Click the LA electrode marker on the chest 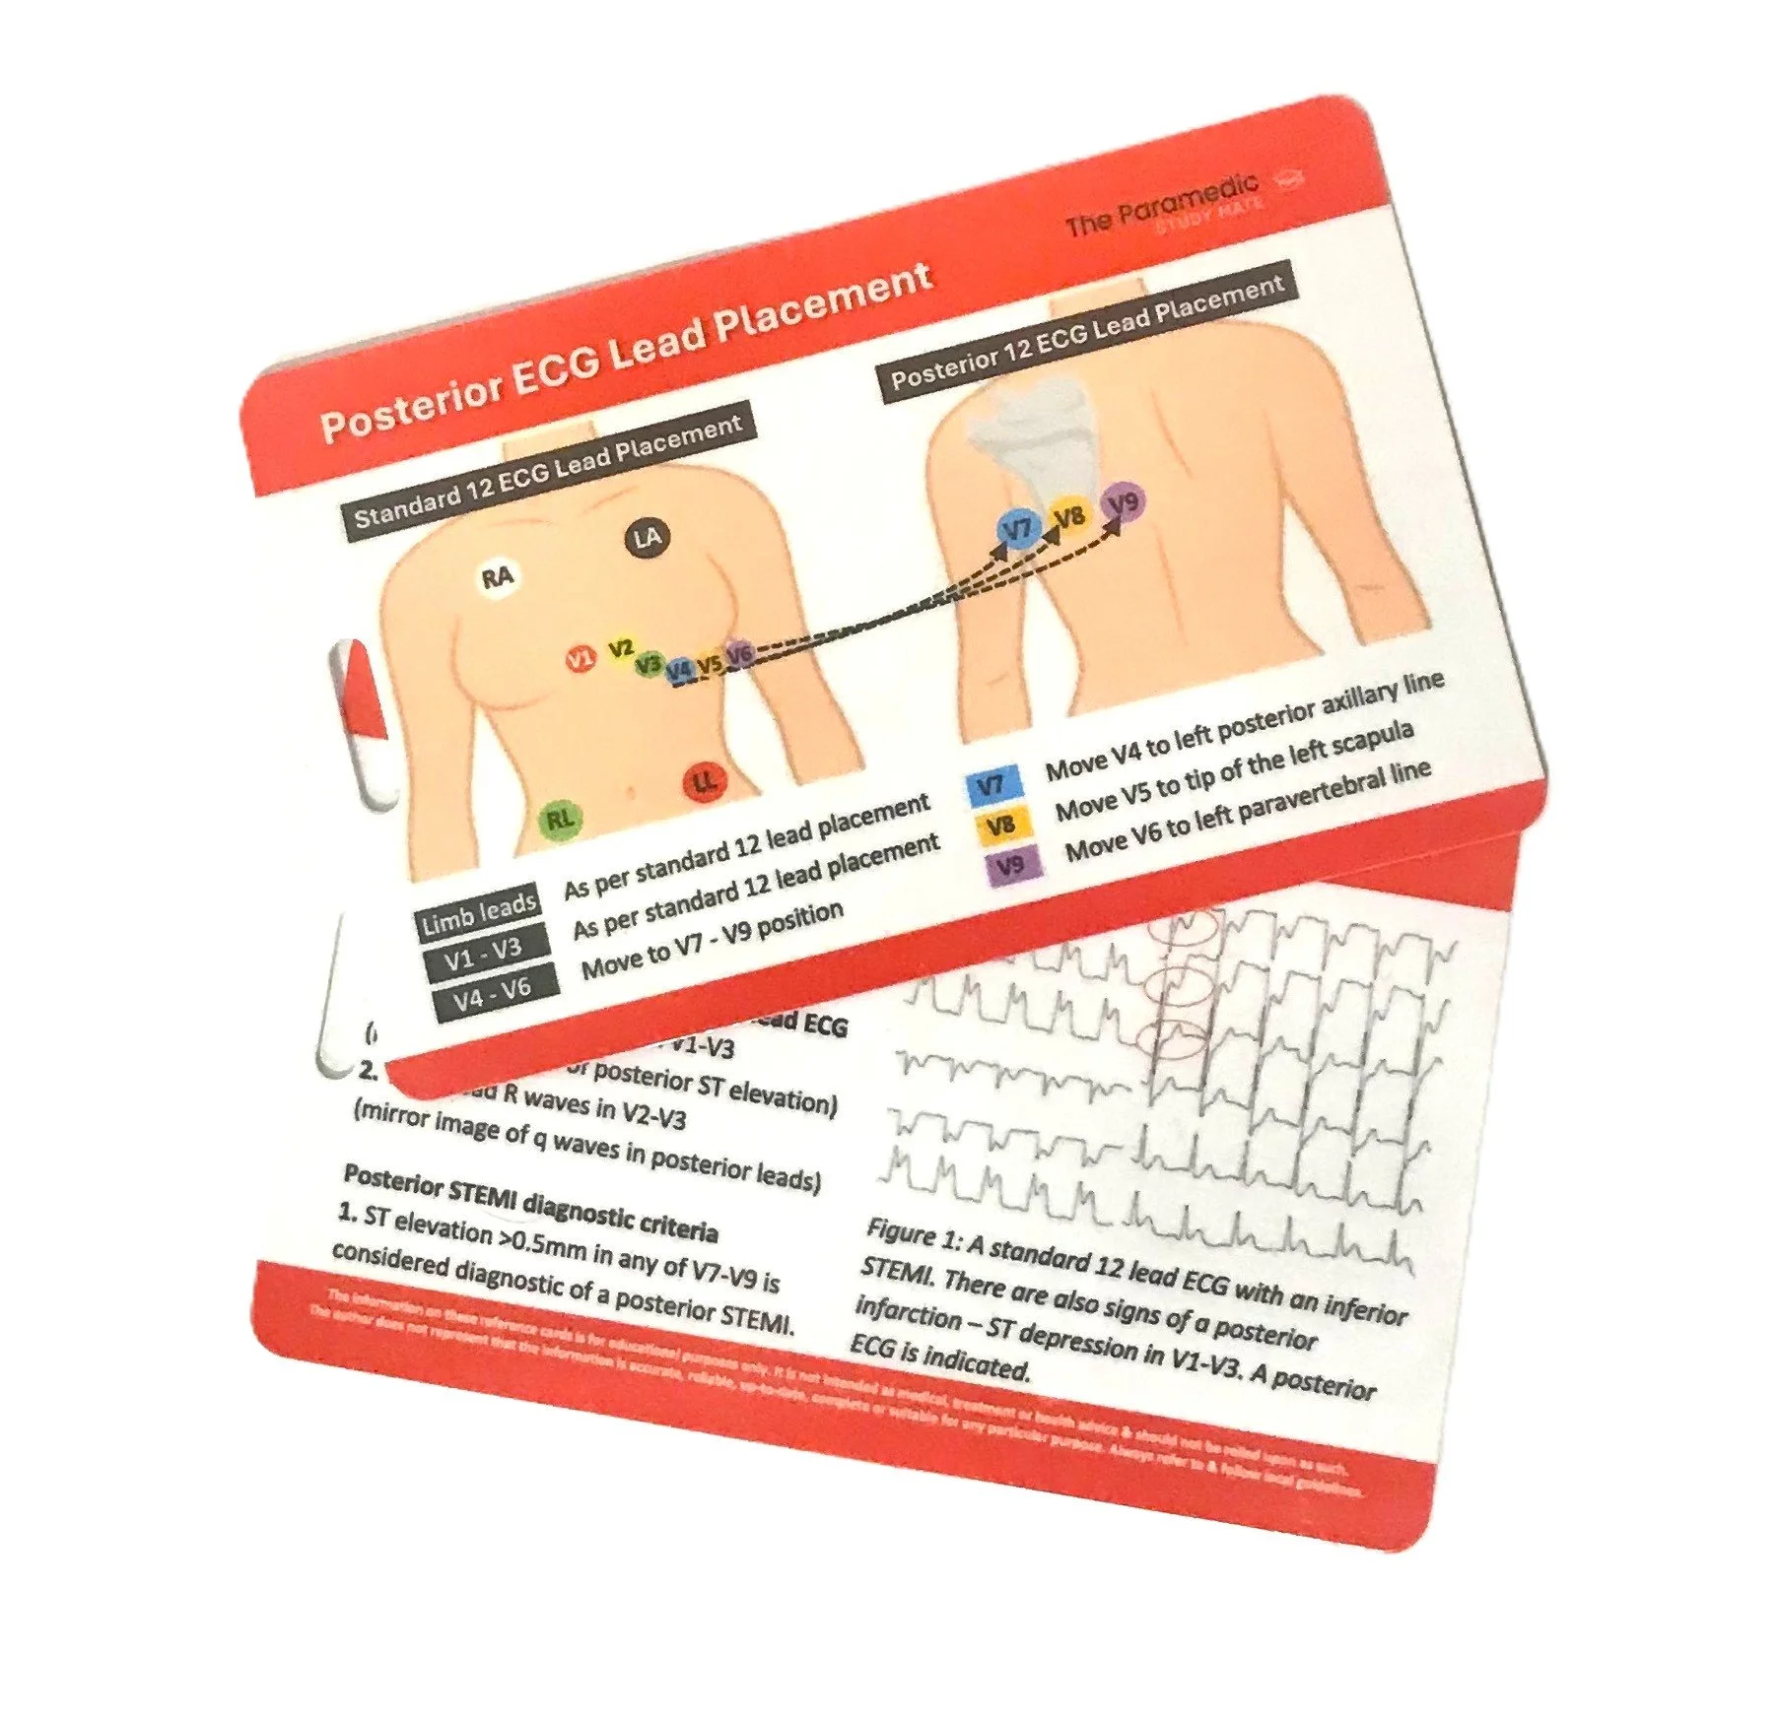tap(646, 538)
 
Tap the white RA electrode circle tap(498, 576)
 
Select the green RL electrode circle tap(560, 818)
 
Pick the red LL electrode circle tap(705, 782)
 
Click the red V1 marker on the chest tap(581, 658)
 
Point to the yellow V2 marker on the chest tap(620, 649)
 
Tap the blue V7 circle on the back tap(1017, 530)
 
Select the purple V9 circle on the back tap(1123, 502)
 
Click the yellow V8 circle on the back tap(1069, 515)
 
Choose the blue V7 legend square tap(991, 785)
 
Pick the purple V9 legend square tap(1007, 866)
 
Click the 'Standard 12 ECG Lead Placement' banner tap(548, 471)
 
